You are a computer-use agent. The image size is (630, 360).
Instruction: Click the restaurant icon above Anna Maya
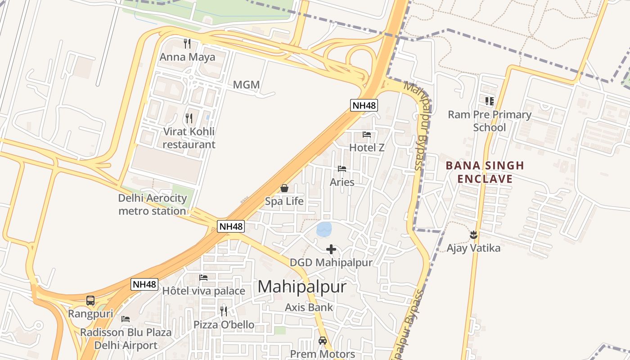[x=187, y=44]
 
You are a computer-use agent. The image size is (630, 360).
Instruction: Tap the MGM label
[x=246, y=85]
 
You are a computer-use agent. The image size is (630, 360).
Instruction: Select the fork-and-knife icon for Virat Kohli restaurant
[x=189, y=118]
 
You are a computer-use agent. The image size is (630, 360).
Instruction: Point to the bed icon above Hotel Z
[x=367, y=134]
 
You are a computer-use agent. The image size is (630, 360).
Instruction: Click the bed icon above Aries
[x=342, y=169]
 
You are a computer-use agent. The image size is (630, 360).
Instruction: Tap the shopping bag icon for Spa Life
[x=284, y=188]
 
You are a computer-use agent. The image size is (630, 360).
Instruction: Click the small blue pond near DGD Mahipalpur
[x=324, y=229]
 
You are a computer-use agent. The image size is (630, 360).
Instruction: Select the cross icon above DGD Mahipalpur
[x=331, y=249]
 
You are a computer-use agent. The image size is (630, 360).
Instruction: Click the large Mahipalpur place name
[x=302, y=287]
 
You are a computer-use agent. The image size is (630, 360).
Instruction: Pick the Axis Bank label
[x=309, y=307]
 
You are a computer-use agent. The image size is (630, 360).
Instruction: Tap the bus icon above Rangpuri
[x=90, y=300]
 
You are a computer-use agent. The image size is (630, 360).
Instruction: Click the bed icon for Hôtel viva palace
[x=203, y=278]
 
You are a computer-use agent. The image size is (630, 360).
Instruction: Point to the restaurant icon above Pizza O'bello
[x=224, y=311]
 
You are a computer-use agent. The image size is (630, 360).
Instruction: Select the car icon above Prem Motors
[x=323, y=341]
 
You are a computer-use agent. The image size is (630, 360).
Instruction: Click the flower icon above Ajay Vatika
[x=473, y=234]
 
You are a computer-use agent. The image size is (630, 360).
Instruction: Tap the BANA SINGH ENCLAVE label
[x=485, y=172]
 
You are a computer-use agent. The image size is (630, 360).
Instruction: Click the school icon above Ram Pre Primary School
[x=490, y=101]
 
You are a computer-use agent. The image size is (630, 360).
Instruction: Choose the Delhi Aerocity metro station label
[x=152, y=204]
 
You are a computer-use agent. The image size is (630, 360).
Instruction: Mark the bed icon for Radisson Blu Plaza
[x=126, y=319]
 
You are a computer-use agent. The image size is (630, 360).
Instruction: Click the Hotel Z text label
[x=367, y=147]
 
